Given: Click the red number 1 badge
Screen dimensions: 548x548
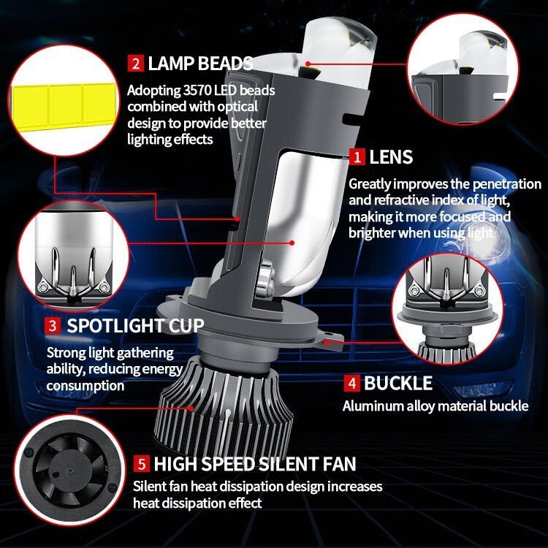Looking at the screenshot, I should (357, 156).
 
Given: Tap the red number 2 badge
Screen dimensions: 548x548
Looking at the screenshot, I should (135, 63).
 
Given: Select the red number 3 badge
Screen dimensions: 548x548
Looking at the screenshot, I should (53, 325).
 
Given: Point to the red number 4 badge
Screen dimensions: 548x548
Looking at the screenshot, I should (351, 384).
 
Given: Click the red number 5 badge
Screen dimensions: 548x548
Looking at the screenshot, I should (141, 463).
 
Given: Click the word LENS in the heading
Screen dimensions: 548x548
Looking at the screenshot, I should (391, 156).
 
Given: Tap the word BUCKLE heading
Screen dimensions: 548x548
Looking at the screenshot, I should (398, 384).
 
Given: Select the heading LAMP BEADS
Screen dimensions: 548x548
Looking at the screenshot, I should (200, 63).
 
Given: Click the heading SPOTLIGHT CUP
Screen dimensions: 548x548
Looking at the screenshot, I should (136, 325).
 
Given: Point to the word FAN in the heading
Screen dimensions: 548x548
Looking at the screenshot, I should (339, 463).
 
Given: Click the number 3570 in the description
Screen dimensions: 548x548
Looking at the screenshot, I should (194, 91).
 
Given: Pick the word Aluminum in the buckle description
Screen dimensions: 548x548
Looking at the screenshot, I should (370, 406).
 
